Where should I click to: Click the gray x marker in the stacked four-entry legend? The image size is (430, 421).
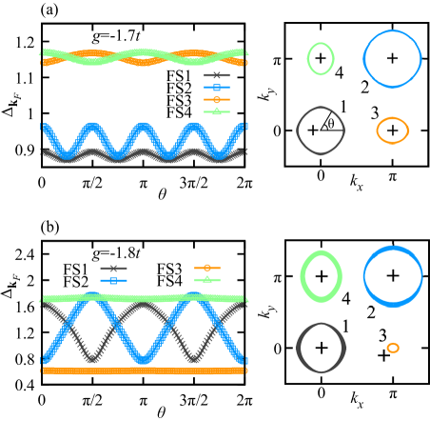(217, 75)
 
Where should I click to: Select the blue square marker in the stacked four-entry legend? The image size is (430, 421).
(217, 88)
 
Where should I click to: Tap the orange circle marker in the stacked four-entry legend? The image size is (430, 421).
(217, 99)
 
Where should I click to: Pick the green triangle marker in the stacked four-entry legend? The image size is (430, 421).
(217, 111)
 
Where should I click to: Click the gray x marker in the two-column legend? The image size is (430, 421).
(113, 269)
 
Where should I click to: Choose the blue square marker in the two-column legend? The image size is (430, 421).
(113, 280)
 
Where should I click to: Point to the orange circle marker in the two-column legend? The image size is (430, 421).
(207, 269)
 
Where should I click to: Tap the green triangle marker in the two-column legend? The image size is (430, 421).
(207, 280)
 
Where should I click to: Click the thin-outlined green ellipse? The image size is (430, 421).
(321, 59)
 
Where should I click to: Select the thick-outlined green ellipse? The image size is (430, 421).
(321, 276)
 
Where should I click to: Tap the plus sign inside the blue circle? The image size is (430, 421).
(393, 275)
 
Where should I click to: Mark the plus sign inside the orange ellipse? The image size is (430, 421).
(392, 130)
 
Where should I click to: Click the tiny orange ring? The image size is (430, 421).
(393, 348)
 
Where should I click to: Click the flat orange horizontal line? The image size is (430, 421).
(143, 370)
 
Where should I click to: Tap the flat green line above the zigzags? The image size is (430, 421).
(143, 298)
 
